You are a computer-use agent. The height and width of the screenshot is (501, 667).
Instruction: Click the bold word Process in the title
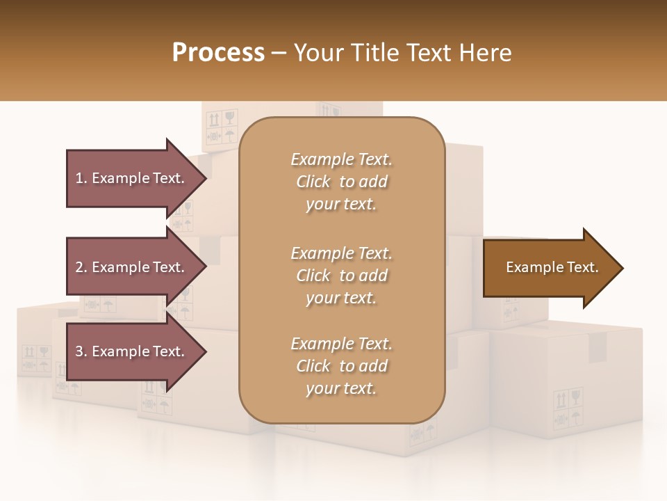pos(218,53)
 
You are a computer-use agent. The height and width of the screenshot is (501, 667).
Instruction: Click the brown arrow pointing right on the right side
pos(549,268)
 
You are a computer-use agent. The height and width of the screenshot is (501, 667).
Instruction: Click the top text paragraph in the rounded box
pos(341,182)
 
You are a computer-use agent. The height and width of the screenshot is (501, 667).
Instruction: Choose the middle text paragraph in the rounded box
pos(341,276)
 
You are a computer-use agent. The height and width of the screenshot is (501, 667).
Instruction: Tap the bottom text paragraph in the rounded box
pos(341,366)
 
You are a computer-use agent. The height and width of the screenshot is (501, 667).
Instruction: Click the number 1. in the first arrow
pos(81,178)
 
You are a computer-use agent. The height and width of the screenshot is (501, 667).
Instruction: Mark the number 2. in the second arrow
pos(81,267)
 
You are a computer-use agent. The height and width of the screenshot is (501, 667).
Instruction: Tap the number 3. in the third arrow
pos(81,351)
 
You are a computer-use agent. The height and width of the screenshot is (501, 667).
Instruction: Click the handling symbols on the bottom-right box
pos(567,409)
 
